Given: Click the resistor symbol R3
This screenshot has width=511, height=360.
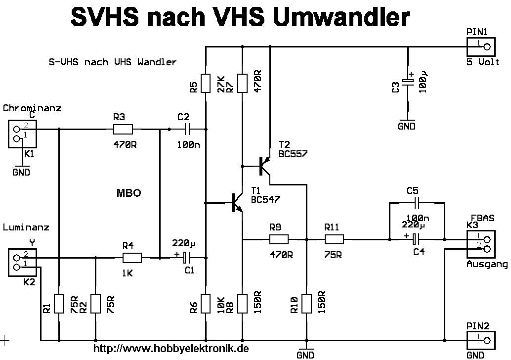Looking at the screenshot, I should (x=123, y=130).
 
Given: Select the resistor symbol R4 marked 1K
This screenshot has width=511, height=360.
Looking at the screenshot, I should (x=132, y=258).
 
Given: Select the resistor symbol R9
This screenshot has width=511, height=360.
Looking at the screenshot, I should (x=279, y=240).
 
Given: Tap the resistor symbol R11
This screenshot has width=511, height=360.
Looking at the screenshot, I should (x=334, y=240).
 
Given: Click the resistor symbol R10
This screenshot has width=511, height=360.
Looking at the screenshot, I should (x=306, y=303).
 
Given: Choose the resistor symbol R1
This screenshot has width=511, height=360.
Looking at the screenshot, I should (x=59, y=303).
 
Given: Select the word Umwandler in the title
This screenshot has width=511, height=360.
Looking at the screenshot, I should (x=341, y=17).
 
